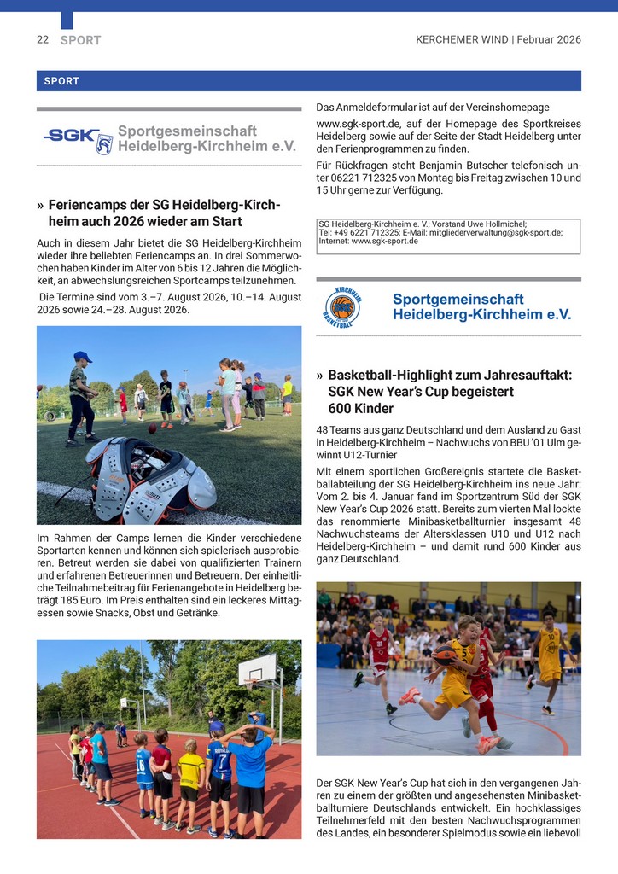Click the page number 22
42,39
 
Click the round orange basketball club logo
343,307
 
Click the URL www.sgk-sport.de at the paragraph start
354,124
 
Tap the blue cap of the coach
82,357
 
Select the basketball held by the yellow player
445,655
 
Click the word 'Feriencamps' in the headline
84,206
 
